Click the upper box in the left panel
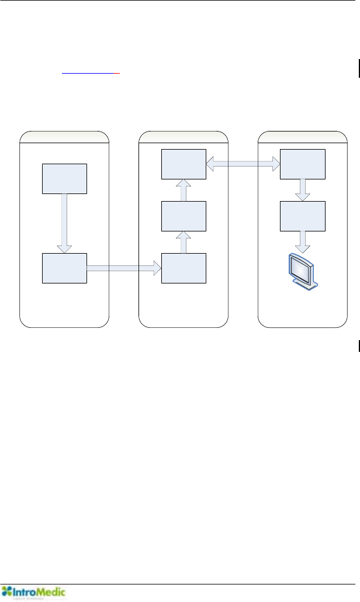tap(65, 179)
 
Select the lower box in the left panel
tap(65, 268)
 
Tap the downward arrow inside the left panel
tap(65, 223)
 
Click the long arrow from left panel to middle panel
tap(124, 268)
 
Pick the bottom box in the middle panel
tap(184, 268)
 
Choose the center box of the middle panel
tap(184, 216)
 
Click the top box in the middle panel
tap(184, 165)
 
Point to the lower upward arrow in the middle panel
tap(184, 243)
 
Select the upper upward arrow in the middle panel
tap(184, 191)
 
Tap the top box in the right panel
tap(303, 165)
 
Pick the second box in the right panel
tap(303, 216)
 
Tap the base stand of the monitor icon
tap(308, 285)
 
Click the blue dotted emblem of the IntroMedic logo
tap(7, 591)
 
